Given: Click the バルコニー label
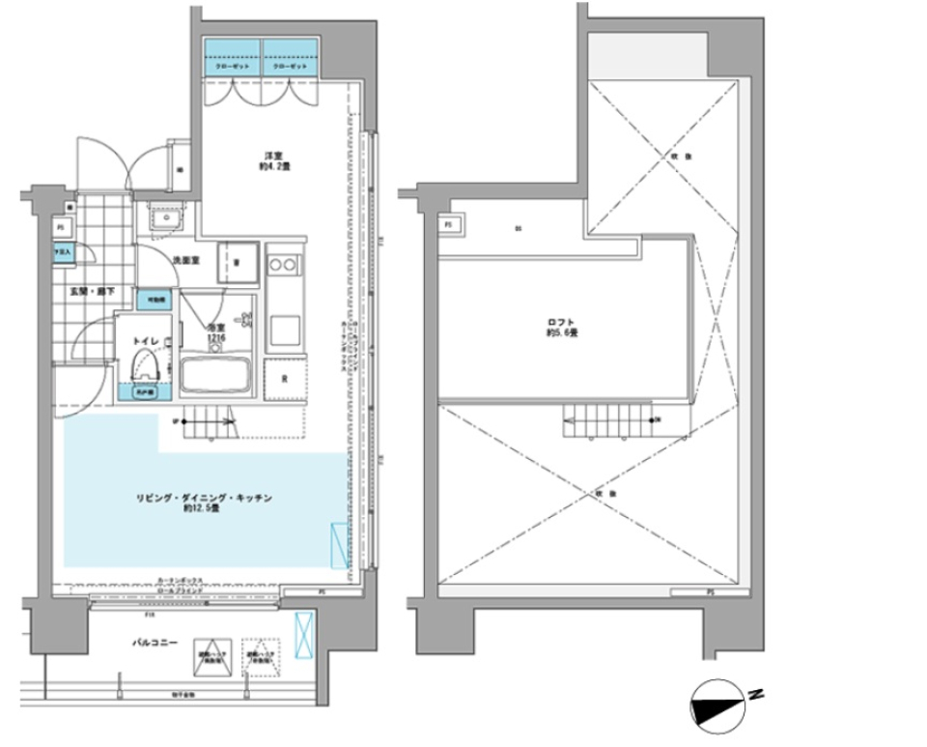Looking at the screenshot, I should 154,642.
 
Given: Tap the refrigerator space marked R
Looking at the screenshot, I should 286,380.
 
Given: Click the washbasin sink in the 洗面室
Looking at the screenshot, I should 167,220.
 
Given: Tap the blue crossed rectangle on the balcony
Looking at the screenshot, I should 303,633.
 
